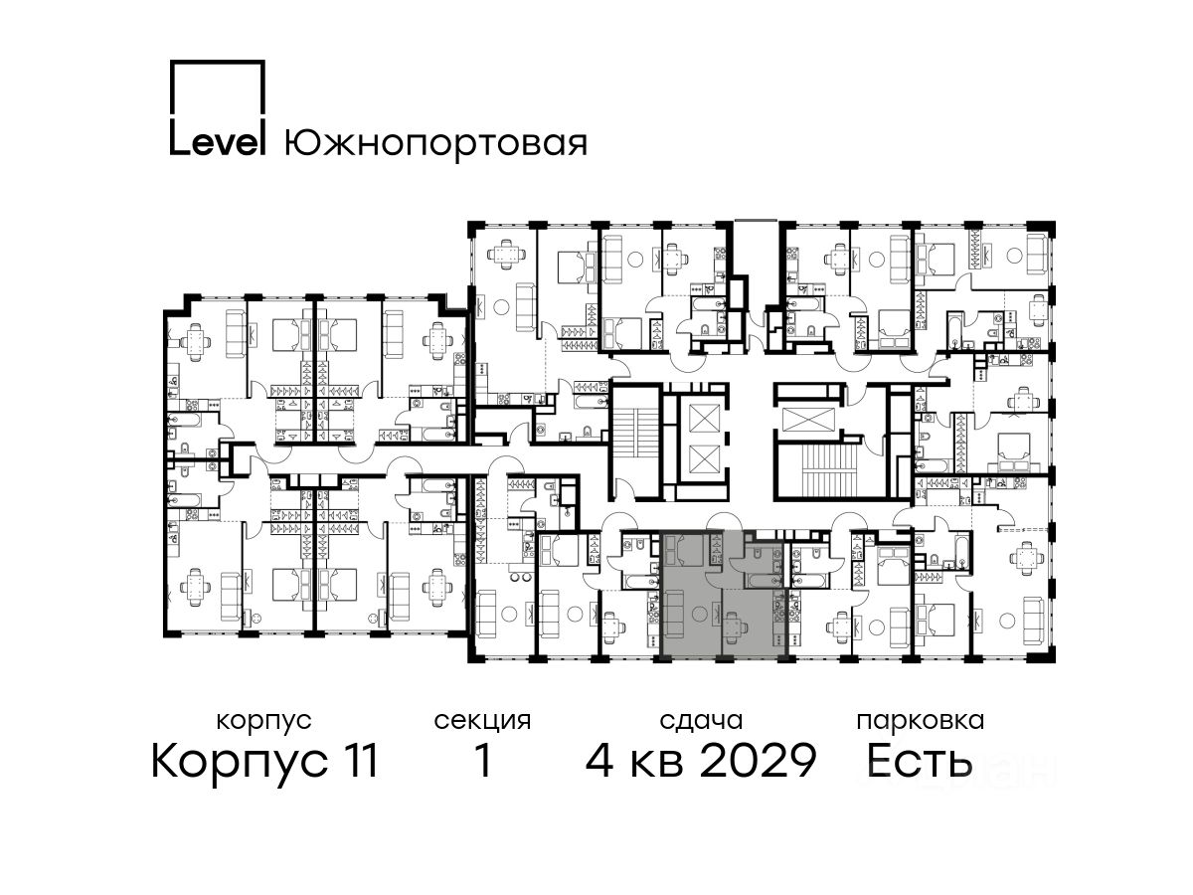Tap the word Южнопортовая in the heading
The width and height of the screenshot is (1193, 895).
(x=435, y=145)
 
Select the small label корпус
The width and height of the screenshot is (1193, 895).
(x=263, y=722)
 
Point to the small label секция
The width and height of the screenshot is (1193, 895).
(x=482, y=722)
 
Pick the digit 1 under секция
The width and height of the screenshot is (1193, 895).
(x=483, y=761)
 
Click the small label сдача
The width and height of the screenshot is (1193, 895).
(x=701, y=721)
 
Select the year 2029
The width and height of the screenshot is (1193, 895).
(x=759, y=761)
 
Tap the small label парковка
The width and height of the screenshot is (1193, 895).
(x=921, y=721)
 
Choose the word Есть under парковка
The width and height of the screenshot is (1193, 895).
(x=919, y=761)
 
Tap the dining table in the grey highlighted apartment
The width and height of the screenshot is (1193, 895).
(x=734, y=627)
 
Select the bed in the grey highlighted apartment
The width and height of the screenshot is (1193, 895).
(x=685, y=551)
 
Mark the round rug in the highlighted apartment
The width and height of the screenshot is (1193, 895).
(x=700, y=614)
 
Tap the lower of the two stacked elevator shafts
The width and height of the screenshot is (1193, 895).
(x=704, y=459)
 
